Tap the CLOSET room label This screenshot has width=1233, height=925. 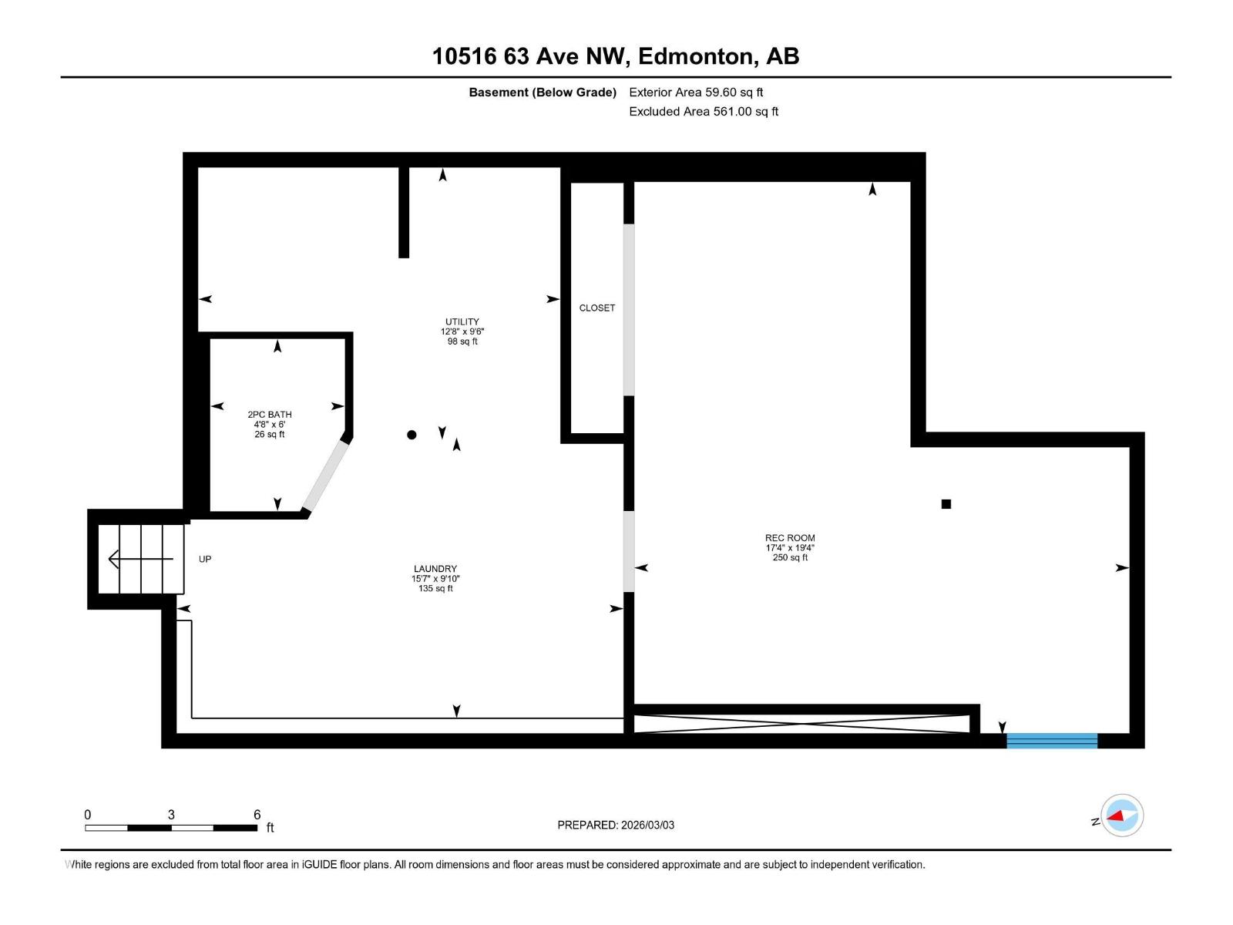point(597,308)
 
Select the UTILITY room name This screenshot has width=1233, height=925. point(462,321)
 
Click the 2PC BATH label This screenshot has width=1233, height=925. point(270,415)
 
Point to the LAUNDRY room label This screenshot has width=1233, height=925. point(435,569)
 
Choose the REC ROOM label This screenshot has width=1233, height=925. point(790,538)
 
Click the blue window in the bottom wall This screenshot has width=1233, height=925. point(1052,741)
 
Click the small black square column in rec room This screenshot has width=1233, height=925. point(946,504)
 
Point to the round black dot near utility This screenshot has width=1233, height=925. point(412,435)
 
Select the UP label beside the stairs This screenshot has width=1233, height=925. point(205,559)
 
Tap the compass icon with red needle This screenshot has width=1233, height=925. point(1122,816)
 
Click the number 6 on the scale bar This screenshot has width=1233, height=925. point(257,815)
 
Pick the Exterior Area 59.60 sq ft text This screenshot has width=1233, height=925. point(696,92)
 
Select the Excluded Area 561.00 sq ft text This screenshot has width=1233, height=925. point(704,112)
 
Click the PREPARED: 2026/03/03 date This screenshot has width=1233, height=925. point(616,825)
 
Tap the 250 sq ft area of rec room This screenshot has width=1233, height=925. point(790,557)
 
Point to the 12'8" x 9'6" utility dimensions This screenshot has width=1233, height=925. point(462,331)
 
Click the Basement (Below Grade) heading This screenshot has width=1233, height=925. point(543,92)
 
